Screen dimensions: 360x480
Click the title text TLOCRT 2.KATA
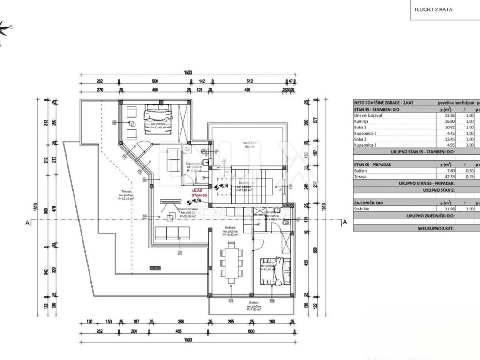coord(433,9)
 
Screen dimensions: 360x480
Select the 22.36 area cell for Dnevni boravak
coord(445,115)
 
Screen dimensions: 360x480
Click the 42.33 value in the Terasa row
coord(445,177)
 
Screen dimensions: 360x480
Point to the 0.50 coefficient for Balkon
coord(469,171)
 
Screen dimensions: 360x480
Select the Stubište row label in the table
coord(363,208)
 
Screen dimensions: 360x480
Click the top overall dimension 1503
coord(187,73)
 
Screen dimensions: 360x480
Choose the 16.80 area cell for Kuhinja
coord(445,121)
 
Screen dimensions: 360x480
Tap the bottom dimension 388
coord(180,322)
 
